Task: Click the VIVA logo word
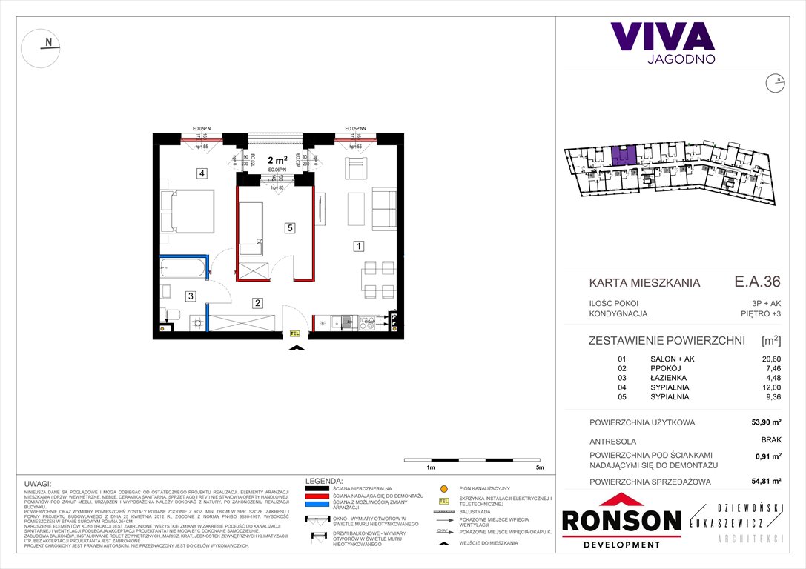point(662,36)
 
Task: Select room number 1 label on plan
point(358,246)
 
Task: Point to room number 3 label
point(191,296)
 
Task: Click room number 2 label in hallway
point(257,302)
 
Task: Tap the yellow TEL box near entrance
point(295,334)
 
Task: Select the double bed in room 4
point(188,212)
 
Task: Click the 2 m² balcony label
point(277,159)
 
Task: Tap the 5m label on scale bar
point(539,469)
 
